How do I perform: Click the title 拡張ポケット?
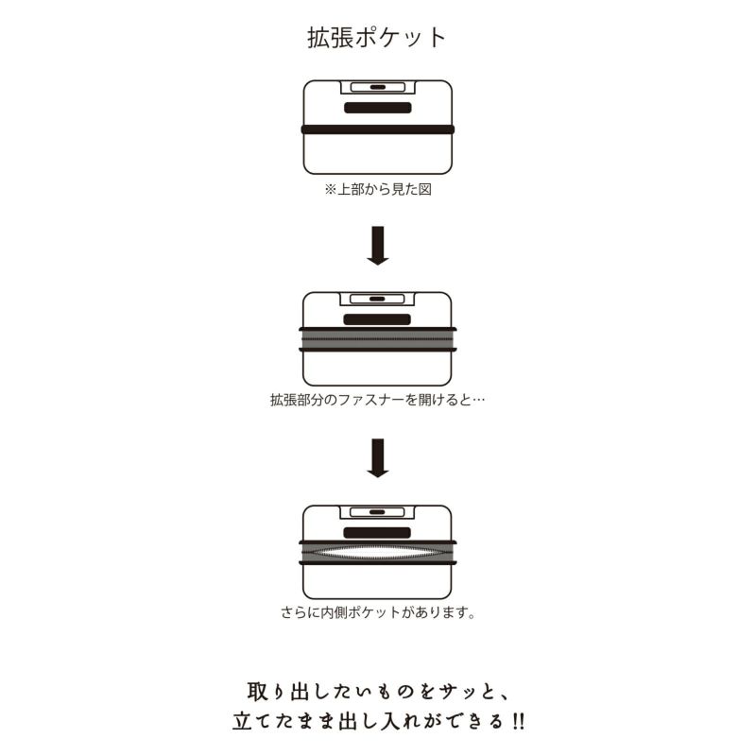376,38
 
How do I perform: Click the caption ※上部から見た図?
377,190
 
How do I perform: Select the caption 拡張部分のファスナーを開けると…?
377,400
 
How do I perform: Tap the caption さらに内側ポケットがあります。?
378,612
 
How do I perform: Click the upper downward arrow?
378,246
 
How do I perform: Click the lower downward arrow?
378,458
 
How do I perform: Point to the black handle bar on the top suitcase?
377,108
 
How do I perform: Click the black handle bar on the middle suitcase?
377,319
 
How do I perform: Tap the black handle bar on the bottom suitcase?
377,532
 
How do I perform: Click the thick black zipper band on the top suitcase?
378,129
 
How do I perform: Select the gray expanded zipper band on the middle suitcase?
378,339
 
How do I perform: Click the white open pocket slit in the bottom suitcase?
378,553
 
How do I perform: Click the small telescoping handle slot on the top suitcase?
377,87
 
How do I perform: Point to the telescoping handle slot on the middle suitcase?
377,299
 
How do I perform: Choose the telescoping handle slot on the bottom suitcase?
377,512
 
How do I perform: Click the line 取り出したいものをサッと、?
377,692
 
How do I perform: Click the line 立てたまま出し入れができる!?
379,721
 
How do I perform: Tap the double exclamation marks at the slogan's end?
519,721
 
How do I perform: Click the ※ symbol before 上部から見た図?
330,190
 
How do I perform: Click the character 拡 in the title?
319,38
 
